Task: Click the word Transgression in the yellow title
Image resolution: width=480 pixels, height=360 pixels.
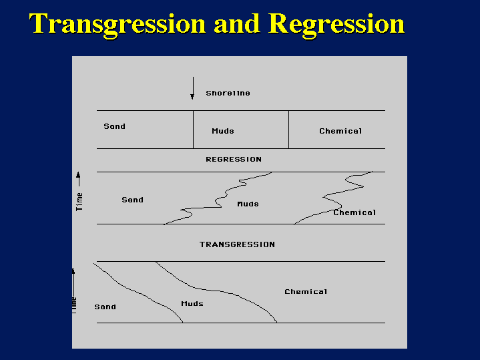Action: pyautogui.click(x=117, y=24)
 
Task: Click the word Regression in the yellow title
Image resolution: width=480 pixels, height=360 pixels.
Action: pyautogui.click(x=336, y=24)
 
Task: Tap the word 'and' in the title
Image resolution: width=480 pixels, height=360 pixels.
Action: pyautogui.click(x=237, y=24)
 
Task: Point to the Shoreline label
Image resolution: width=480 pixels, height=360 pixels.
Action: pyautogui.click(x=228, y=94)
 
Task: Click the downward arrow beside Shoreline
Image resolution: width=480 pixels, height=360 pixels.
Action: pyautogui.click(x=192, y=88)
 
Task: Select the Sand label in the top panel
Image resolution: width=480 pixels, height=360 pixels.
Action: pyautogui.click(x=114, y=126)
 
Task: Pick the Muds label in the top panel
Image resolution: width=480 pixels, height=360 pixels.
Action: pyautogui.click(x=222, y=131)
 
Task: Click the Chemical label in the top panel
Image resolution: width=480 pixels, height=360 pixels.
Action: pyautogui.click(x=340, y=131)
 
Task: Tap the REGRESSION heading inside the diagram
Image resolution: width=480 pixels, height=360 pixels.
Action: pyautogui.click(x=234, y=160)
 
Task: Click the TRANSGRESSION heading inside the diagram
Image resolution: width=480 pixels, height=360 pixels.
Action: pyautogui.click(x=237, y=244)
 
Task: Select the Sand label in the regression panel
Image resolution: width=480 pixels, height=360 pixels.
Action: pyautogui.click(x=132, y=200)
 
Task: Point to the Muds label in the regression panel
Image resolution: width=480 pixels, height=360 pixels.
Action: pyautogui.click(x=248, y=204)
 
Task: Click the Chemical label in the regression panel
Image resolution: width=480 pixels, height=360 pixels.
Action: pyautogui.click(x=354, y=212)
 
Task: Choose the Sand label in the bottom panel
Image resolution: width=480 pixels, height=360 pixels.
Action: pyautogui.click(x=105, y=307)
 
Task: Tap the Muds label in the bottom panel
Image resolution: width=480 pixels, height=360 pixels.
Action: pyautogui.click(x=192, y=304)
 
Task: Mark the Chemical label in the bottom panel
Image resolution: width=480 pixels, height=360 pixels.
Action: pyautogui.click(x=306, y=292)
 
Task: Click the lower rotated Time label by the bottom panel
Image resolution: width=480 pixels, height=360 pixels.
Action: pyautogui.click(x=74, y=305)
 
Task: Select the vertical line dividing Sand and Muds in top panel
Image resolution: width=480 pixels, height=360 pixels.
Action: pyautogui.click(x=194, y=130)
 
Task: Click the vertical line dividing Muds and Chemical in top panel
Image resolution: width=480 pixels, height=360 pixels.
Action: pyautogui.click(x=288, y=130)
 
